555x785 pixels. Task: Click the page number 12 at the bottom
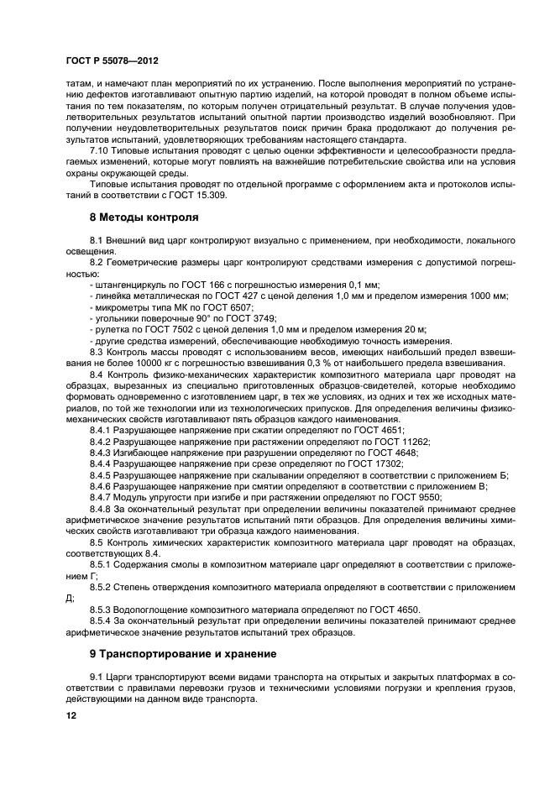click(71, 714)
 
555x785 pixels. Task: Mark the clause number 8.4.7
click(100, 496)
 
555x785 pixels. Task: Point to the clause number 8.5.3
click(100, 608)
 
